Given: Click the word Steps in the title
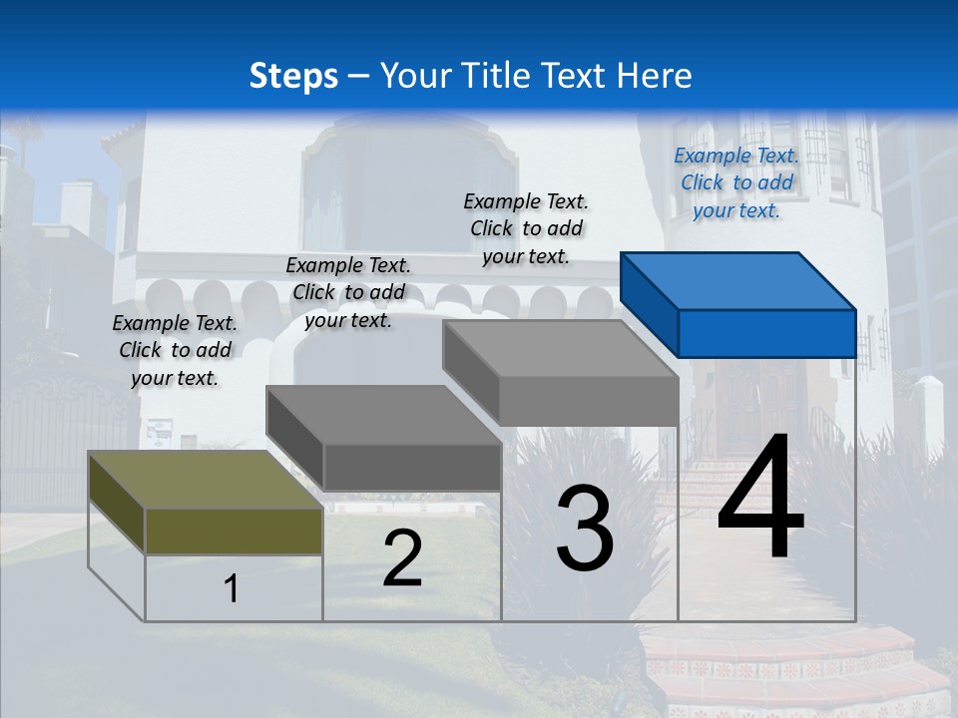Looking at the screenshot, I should coord(293,76).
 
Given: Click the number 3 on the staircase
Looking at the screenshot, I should coord(585,529).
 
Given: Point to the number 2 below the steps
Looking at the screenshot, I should coord(402,558).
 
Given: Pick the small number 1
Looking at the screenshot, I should coord(232,589).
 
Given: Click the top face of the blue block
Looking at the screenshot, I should coord(738,279).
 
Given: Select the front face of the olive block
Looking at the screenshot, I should coord(234,531).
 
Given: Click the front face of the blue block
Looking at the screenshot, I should coord(766,333).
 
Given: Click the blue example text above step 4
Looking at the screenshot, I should coord(736,182).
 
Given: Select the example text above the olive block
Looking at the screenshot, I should coord(175,350).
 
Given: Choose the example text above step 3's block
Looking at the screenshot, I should coord(526,228).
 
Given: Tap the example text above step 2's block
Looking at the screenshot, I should coord(348,292).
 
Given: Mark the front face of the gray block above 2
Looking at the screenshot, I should coord(411,467).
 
